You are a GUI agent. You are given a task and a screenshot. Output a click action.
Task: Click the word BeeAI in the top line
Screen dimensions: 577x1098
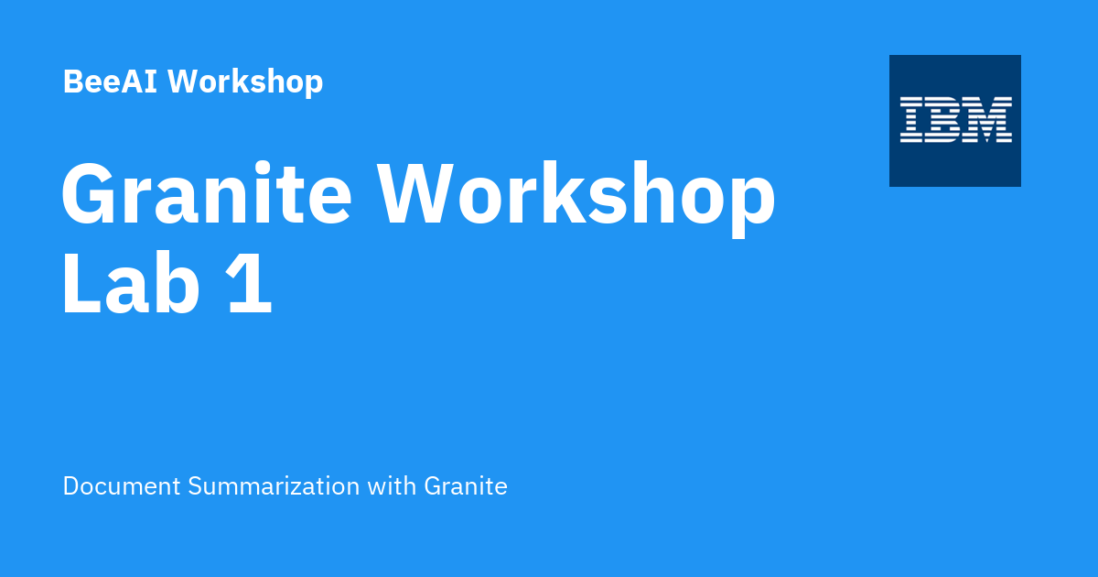pyautogui.click(x=111, y=82)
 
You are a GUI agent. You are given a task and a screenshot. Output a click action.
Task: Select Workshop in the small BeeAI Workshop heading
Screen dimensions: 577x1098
pyautogui.click(x=245, y=82)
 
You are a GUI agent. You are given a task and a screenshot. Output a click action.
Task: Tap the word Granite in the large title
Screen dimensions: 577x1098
pyautogui.click(x=207, y=195)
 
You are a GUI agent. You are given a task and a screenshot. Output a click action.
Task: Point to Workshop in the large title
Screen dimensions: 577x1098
pyautogui.click(x=577, y=195)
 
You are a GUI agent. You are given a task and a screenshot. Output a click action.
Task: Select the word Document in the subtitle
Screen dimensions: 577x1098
pyautogui.click(x=122, y=486)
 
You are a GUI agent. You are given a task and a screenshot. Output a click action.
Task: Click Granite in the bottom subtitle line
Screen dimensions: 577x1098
pyautogui.click(x=465, y=486)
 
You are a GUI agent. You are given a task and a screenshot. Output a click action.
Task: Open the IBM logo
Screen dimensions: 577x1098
pyautogui.click(x=955, y=121)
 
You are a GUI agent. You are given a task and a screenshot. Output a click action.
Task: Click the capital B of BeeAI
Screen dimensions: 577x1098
pyautogui.click(x=73, y=82)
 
